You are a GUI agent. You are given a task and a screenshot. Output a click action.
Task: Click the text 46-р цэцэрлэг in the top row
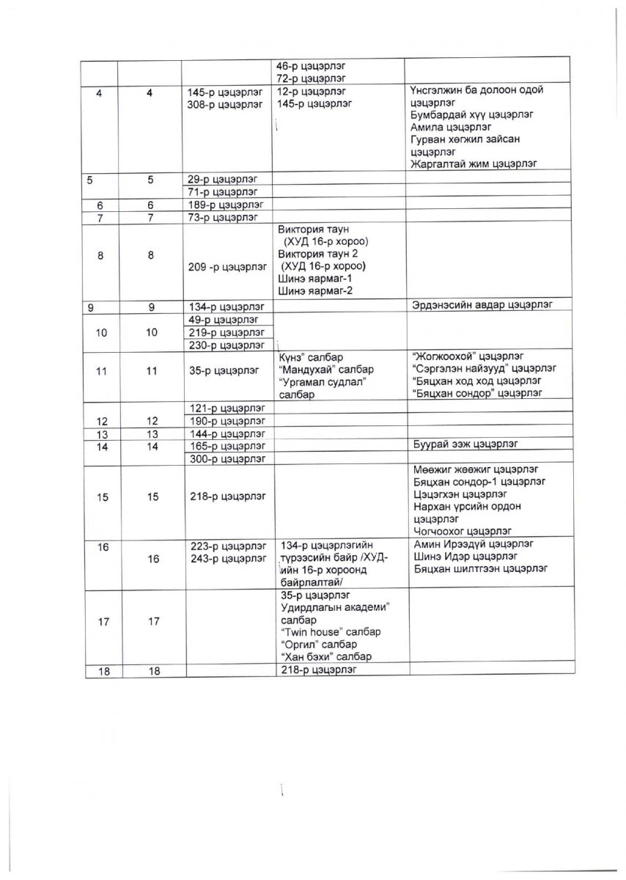(x=306, y=65)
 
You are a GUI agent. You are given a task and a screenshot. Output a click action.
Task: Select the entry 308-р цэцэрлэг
(x=223, y=104)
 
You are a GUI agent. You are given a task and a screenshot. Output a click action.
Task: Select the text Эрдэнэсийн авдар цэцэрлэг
(x=482, y=304)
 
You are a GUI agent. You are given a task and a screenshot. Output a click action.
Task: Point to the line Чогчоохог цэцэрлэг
(x=463, y=531)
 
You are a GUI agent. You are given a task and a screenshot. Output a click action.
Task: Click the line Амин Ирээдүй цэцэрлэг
(x=474, y=544)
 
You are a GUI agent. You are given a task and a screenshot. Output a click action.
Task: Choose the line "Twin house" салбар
(x=330, y=631)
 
